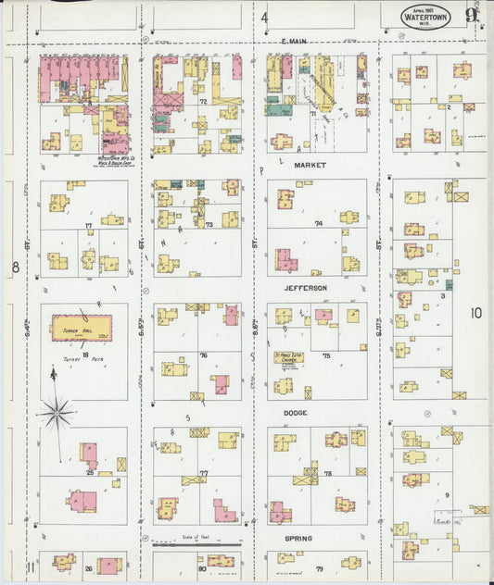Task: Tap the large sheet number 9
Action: [x=473, y=14]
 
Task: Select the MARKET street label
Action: [x=311, y=165]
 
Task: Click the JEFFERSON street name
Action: [x=311, y=289]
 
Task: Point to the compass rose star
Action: [x=57, y=409]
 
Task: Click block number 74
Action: [x=318, y=224]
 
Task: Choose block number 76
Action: [x=202, y=355]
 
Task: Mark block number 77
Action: [x=202, y=473]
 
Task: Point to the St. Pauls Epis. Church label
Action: [x=289, y=356]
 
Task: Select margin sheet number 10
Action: [x=475, y=314]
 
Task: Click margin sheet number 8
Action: [x=16, y=268]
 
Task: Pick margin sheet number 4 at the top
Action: [x=264, y=18]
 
